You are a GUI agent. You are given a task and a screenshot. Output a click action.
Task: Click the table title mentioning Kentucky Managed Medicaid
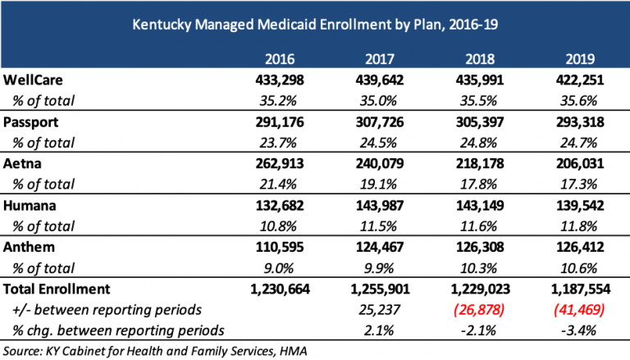[x=314, y=25]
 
